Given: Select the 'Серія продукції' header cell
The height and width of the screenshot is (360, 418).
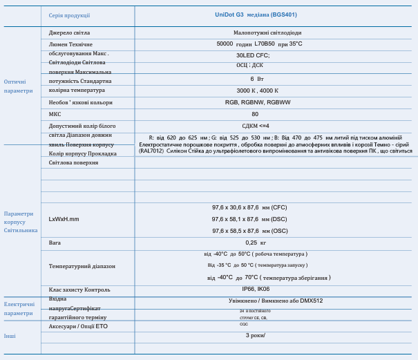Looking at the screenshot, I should [69, 15].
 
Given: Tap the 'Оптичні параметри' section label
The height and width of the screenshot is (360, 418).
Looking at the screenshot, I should [18, 86].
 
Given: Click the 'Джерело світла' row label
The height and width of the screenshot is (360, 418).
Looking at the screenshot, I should [69, 32].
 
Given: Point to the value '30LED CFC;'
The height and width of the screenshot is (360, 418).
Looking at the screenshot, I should [253, 55].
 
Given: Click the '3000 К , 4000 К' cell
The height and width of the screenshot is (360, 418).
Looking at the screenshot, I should [257, 91].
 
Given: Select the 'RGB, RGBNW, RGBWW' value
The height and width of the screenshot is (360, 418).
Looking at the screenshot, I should [258, 102].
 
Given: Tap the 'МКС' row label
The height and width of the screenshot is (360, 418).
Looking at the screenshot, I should [55, 114].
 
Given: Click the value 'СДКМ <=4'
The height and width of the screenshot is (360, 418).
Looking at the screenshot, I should [255, 126].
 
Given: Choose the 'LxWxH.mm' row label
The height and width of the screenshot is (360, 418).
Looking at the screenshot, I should [64, 219].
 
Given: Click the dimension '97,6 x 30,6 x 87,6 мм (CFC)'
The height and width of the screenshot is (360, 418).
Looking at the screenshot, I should [249, 207].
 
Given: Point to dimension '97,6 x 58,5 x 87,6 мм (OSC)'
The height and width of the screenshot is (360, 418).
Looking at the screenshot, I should [249, 231].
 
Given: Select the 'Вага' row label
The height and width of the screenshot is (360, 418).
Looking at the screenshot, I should [55, 243].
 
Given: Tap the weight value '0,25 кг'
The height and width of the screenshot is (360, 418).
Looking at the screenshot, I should [256, 243].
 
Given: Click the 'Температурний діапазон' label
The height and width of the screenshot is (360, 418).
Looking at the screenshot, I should [82, 266].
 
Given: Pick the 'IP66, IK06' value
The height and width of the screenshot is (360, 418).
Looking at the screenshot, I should [256, 290].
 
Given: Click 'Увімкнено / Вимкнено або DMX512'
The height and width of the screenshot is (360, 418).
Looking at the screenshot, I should [276, 301].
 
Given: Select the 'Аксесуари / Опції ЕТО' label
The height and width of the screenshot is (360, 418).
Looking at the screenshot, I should [78, 326].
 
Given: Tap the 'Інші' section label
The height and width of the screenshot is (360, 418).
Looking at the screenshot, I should [10, 336].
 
